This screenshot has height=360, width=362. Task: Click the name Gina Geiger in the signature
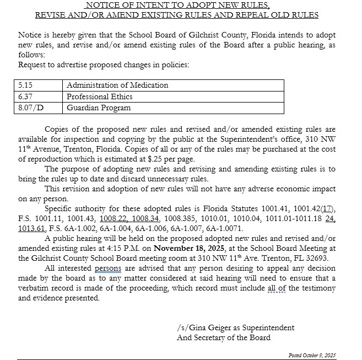pos(214,327)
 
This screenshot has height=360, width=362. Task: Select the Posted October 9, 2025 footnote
pos(312,355)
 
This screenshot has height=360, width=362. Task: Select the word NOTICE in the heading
pos(104,5)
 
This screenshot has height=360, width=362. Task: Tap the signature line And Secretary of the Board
pos(224,337)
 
